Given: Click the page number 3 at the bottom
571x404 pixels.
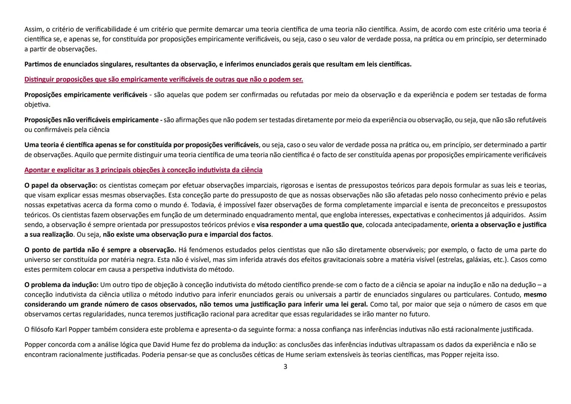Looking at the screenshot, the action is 285,367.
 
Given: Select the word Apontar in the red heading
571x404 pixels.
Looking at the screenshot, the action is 37,170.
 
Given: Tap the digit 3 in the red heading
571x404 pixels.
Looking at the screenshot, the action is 97,170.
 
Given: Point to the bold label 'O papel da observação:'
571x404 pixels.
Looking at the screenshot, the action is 61,185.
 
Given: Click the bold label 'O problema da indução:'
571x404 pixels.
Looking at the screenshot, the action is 61,285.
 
